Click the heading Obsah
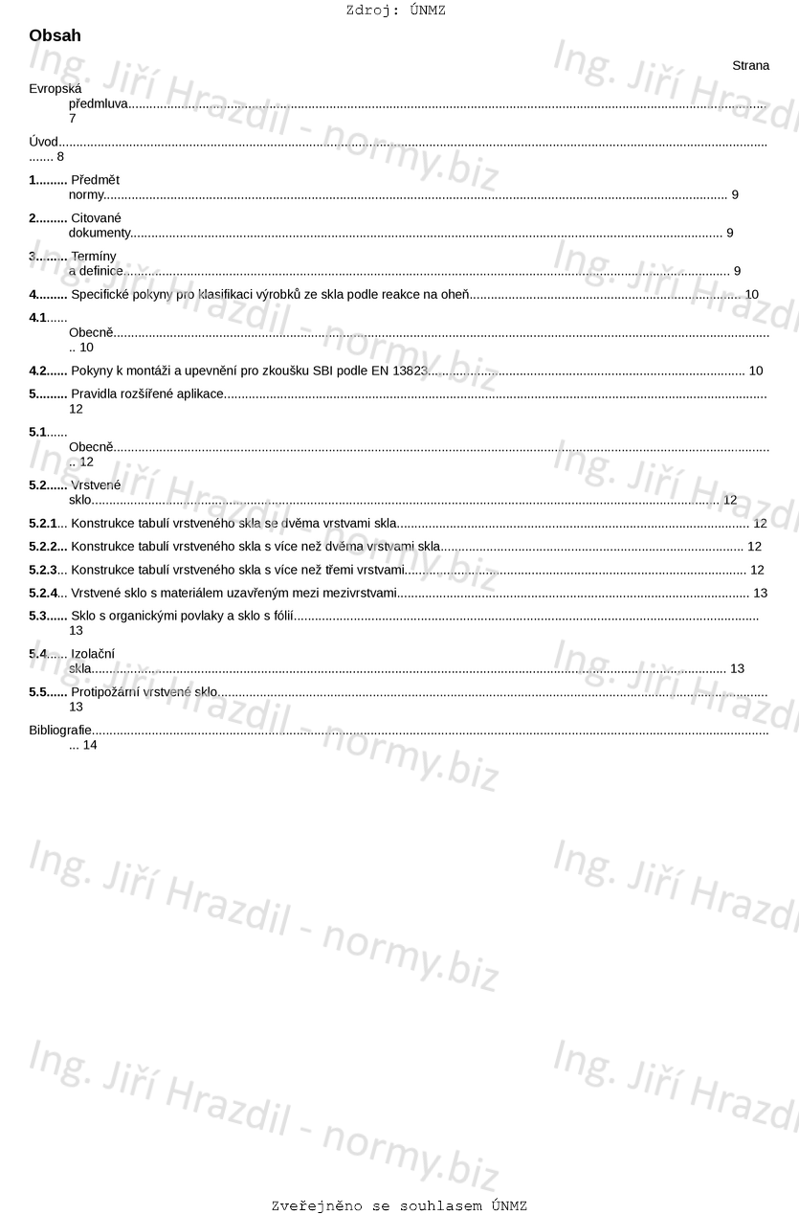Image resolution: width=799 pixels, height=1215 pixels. pos(55,36)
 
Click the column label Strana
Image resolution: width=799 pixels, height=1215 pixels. pos(750,66)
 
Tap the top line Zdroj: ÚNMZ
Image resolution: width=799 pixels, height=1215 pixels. pos(395,11)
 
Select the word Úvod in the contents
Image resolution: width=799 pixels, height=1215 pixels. pos(44,143)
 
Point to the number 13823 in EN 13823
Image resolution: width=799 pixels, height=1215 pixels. pos(411,371)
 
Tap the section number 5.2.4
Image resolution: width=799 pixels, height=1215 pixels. pos(43,594)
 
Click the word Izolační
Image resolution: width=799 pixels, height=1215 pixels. pos(93,654)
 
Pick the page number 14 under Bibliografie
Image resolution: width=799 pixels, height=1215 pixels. pos(90,745)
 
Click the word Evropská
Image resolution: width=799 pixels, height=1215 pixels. pos(55,89)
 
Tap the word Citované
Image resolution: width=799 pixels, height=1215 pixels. pos(96,218)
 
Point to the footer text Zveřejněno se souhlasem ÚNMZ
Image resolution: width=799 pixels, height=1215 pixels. pos(399,1206)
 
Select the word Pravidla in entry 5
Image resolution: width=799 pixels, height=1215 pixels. pos(95,394)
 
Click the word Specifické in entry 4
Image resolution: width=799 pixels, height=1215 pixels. pos(100,294)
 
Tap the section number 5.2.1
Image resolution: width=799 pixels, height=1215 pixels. pos(43,524)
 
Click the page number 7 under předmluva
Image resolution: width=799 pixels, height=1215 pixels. pos(72,119)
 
